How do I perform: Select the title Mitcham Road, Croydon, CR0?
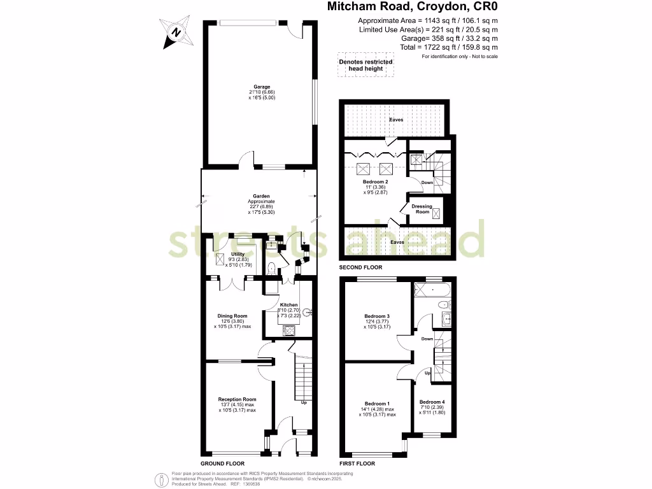point(412,7)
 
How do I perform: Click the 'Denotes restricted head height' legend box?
point(365,64)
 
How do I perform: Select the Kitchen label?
point(288,306)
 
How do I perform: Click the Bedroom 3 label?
point(377,316)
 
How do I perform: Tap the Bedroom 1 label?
point(377,404)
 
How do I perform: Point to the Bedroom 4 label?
point(432,402)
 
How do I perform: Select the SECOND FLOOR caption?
point(361,267)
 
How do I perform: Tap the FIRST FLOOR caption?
point(358,464)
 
